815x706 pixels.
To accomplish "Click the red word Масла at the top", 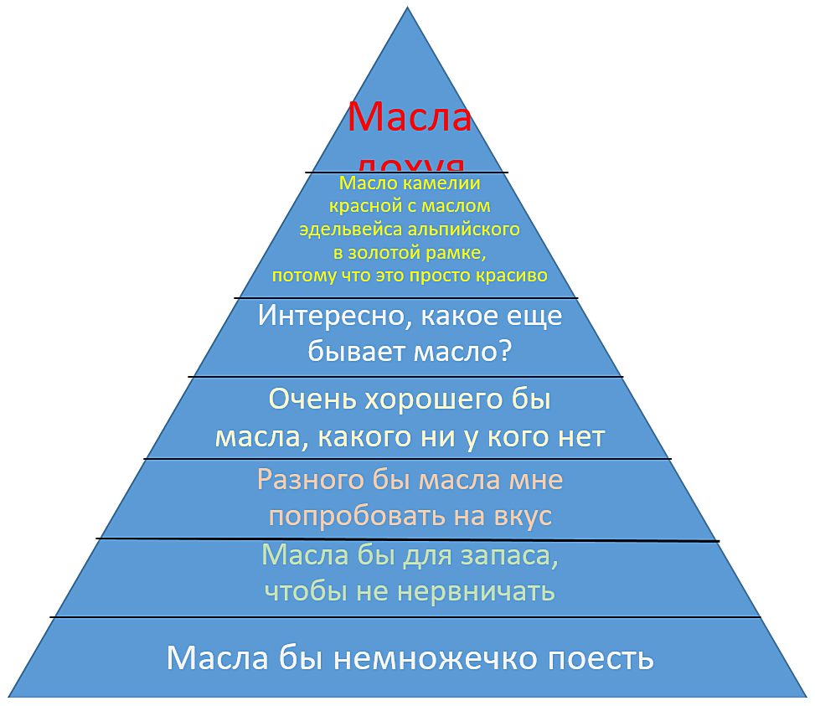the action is click(410, 116).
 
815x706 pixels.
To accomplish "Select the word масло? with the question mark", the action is click(462, 351).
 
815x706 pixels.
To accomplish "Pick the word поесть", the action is click(600, 658).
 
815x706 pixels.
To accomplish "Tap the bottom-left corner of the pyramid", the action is click(10, 696).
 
